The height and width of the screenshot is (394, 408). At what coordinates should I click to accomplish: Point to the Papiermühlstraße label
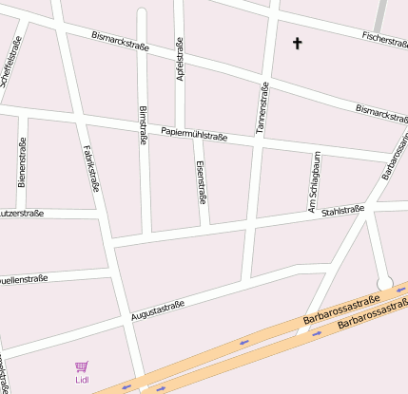(194, 134)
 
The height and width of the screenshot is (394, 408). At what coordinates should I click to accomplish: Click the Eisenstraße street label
(201, 181)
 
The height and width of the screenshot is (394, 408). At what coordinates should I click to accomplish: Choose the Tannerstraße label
(263, 106)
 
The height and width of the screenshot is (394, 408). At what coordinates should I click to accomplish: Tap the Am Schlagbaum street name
(312, 181)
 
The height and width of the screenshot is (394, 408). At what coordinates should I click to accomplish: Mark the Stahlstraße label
(343, 211)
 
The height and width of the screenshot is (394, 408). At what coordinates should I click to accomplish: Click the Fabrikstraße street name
(91, 165)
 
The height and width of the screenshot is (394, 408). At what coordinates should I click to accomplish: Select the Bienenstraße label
(22, 161)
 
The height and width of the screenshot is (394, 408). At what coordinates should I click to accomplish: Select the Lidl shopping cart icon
(82, 366)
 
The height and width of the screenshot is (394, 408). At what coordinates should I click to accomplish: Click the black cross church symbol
(297, 43)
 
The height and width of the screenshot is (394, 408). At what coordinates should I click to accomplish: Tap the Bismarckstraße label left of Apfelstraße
(120, 41)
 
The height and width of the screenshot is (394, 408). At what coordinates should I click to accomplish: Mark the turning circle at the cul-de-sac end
(385, 282)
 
